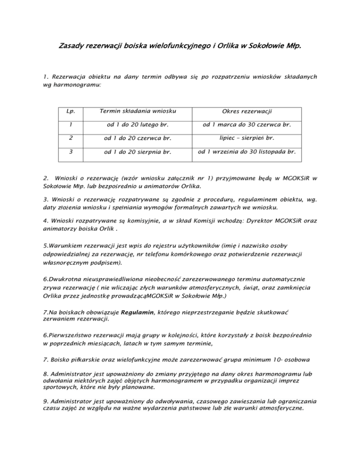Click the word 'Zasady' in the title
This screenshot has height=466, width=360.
click(x=71, y=47)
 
